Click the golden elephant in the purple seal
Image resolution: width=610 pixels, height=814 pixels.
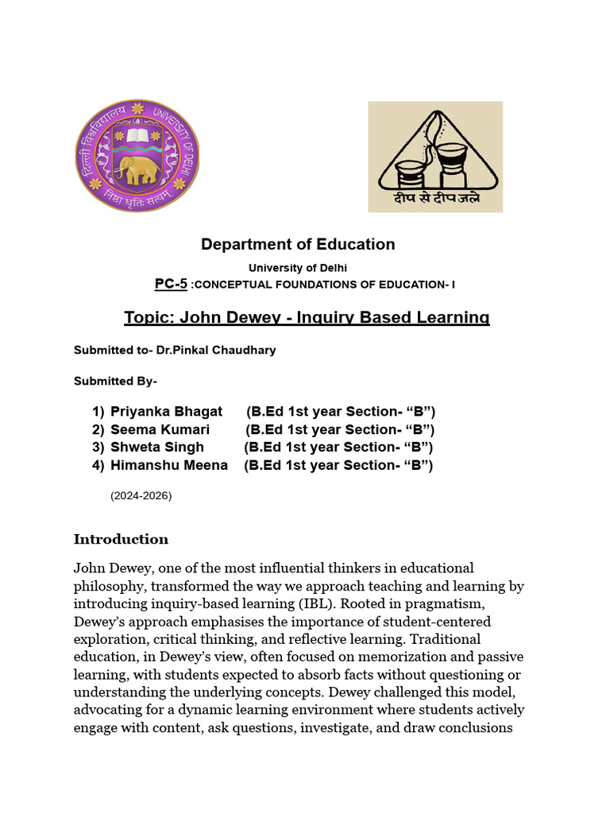[136, 169]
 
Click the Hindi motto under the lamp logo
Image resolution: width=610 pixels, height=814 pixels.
[435, 199]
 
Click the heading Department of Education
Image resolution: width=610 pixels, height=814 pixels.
[298, 244]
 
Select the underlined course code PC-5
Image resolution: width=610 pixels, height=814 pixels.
[171, 284]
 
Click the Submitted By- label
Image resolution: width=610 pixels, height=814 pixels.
[115, 381]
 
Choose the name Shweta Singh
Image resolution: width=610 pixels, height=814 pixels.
[156, 448]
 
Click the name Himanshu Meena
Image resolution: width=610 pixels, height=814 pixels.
[168, 466]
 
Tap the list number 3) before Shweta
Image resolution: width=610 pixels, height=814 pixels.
[98, 448]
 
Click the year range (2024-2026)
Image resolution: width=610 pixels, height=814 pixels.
[141, 496]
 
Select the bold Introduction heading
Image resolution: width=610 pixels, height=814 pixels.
[121, 539]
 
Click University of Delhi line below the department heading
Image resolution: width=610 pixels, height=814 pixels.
[298, 268]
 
